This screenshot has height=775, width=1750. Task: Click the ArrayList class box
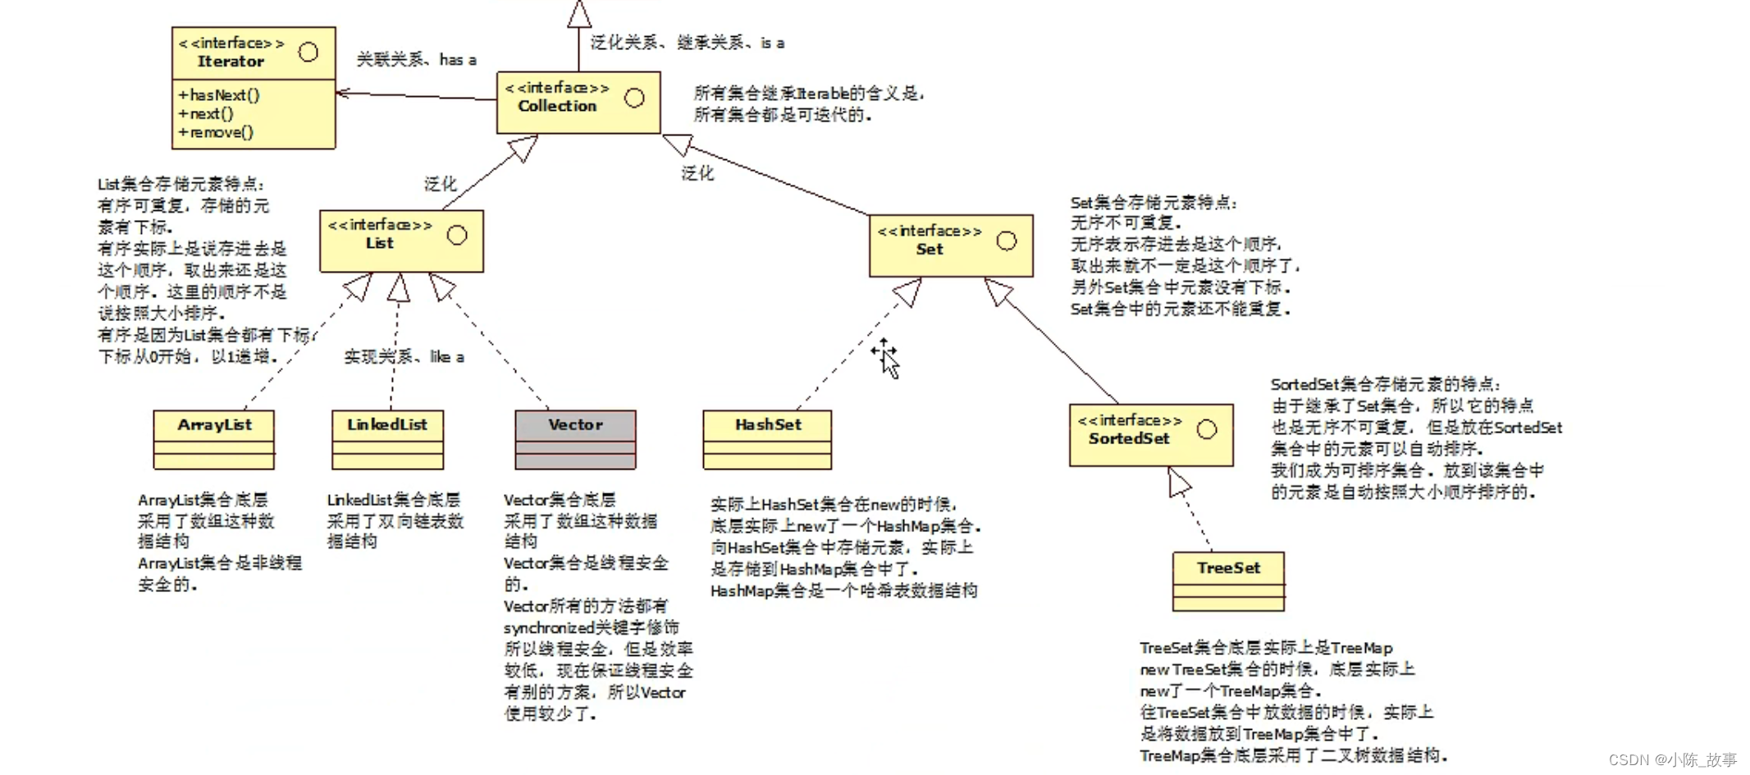click(x=214, y=439)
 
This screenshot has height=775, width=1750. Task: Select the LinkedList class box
click(x=388, y=439)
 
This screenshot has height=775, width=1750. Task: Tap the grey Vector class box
click(x=575, y=439)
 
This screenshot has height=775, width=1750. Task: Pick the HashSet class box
click(x=767, y=439)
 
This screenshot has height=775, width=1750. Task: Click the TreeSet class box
click(x=1228, y=581)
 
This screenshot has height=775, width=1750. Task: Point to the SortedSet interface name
click(x=1129, y=438)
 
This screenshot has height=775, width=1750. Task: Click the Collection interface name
click(x=557, y=106)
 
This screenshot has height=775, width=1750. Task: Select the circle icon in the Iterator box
click(x=308, y=53)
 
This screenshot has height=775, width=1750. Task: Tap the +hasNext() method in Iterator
click(x=219, y=95)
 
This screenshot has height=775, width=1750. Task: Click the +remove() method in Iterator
click(x=216, y=132)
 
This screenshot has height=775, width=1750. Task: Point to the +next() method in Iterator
click(x=206, y=114)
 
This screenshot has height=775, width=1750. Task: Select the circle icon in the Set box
click(x=1007, y=241)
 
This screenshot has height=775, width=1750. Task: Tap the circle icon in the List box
click(x=457, y=236)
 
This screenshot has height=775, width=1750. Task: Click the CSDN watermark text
click(x=1673, y=759)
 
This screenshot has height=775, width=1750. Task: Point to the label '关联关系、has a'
click(x=416, y=59)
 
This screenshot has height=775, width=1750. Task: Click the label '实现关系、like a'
click(x=404, y=356)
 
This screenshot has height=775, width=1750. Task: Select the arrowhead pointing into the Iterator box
click(x=343, y=93)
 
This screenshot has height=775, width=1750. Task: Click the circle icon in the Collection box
click(x=634, y=99)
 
